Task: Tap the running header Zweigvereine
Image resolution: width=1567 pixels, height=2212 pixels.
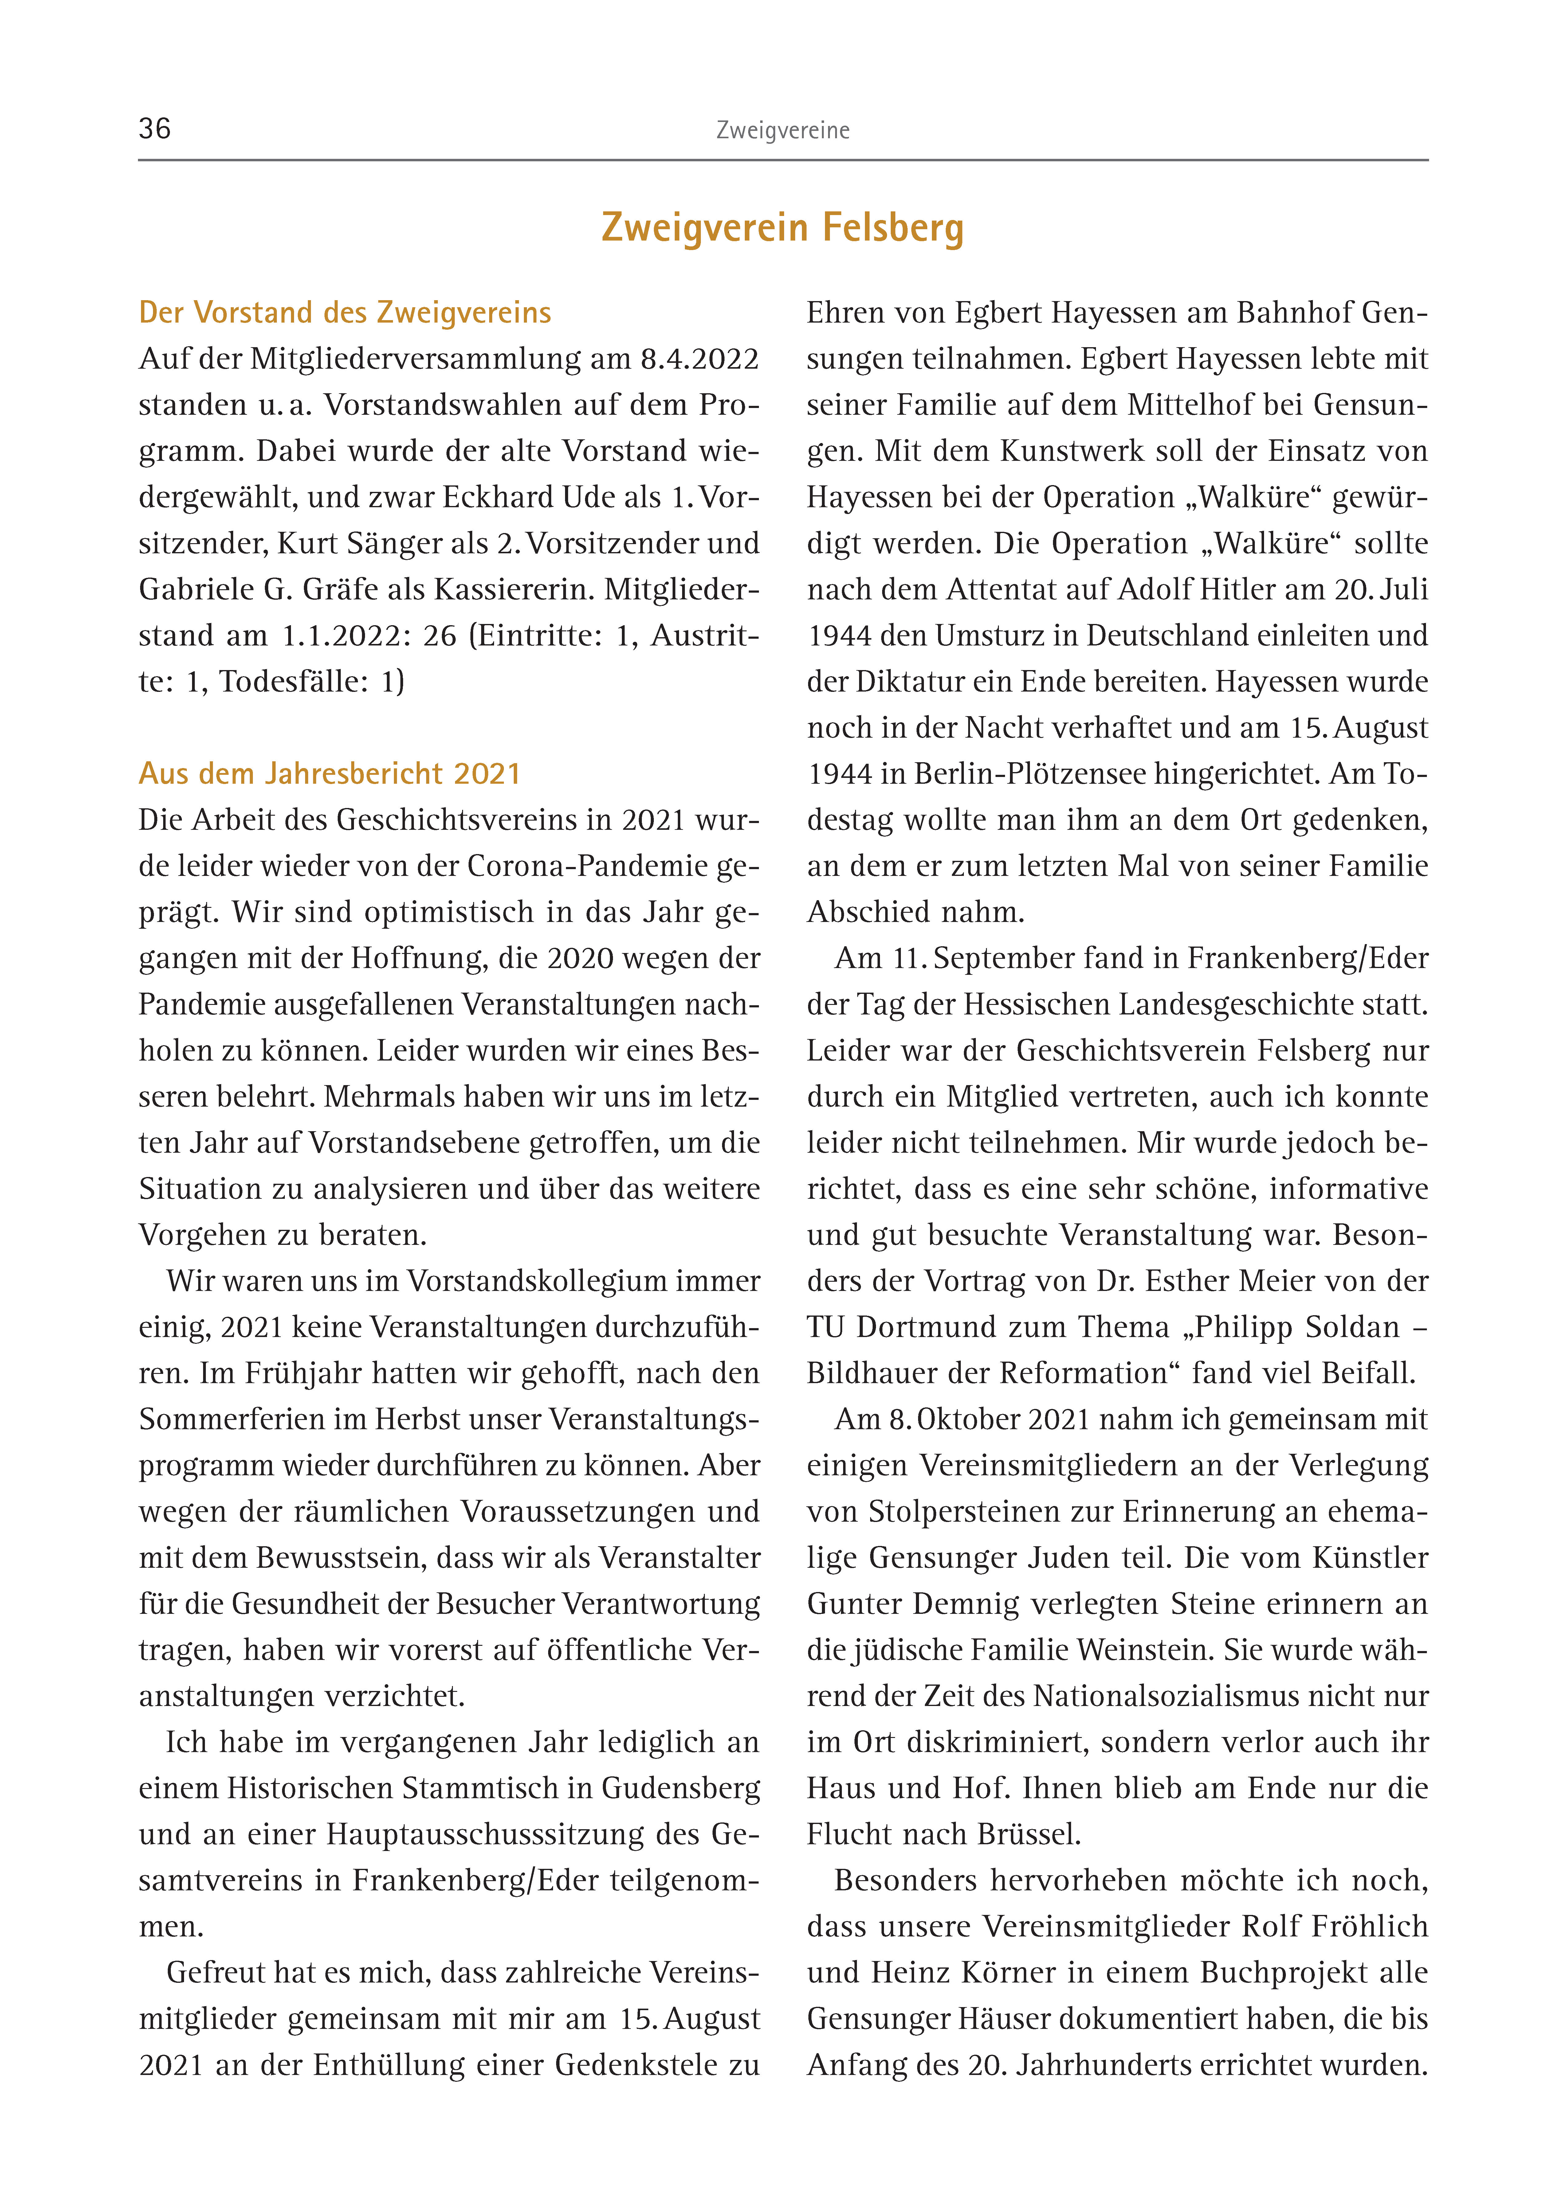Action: tap(783, 130)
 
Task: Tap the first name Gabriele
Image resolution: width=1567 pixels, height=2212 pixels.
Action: tap(196, 590)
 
